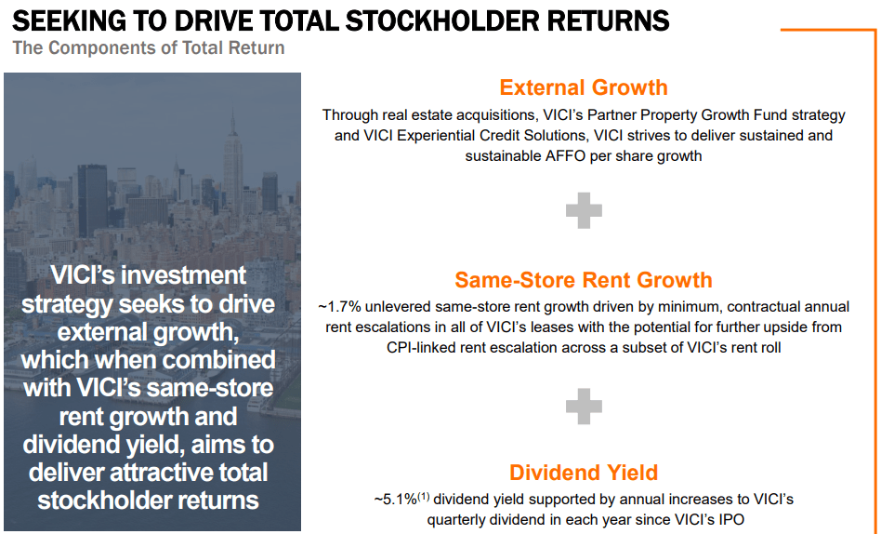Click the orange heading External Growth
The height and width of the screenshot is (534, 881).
(583, 87)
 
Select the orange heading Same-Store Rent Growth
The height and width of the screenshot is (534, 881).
(583, 280)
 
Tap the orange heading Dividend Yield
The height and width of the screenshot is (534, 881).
(583, 473)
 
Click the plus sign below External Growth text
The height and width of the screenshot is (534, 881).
(584, 211)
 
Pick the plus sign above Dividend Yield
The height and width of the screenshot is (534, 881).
(584, 406)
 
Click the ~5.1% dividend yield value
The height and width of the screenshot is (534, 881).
(396, 500)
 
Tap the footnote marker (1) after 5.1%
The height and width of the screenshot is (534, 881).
(423, 496)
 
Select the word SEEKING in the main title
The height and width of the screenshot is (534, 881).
(65, 20)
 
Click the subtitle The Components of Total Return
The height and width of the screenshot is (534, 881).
(148, 47)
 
